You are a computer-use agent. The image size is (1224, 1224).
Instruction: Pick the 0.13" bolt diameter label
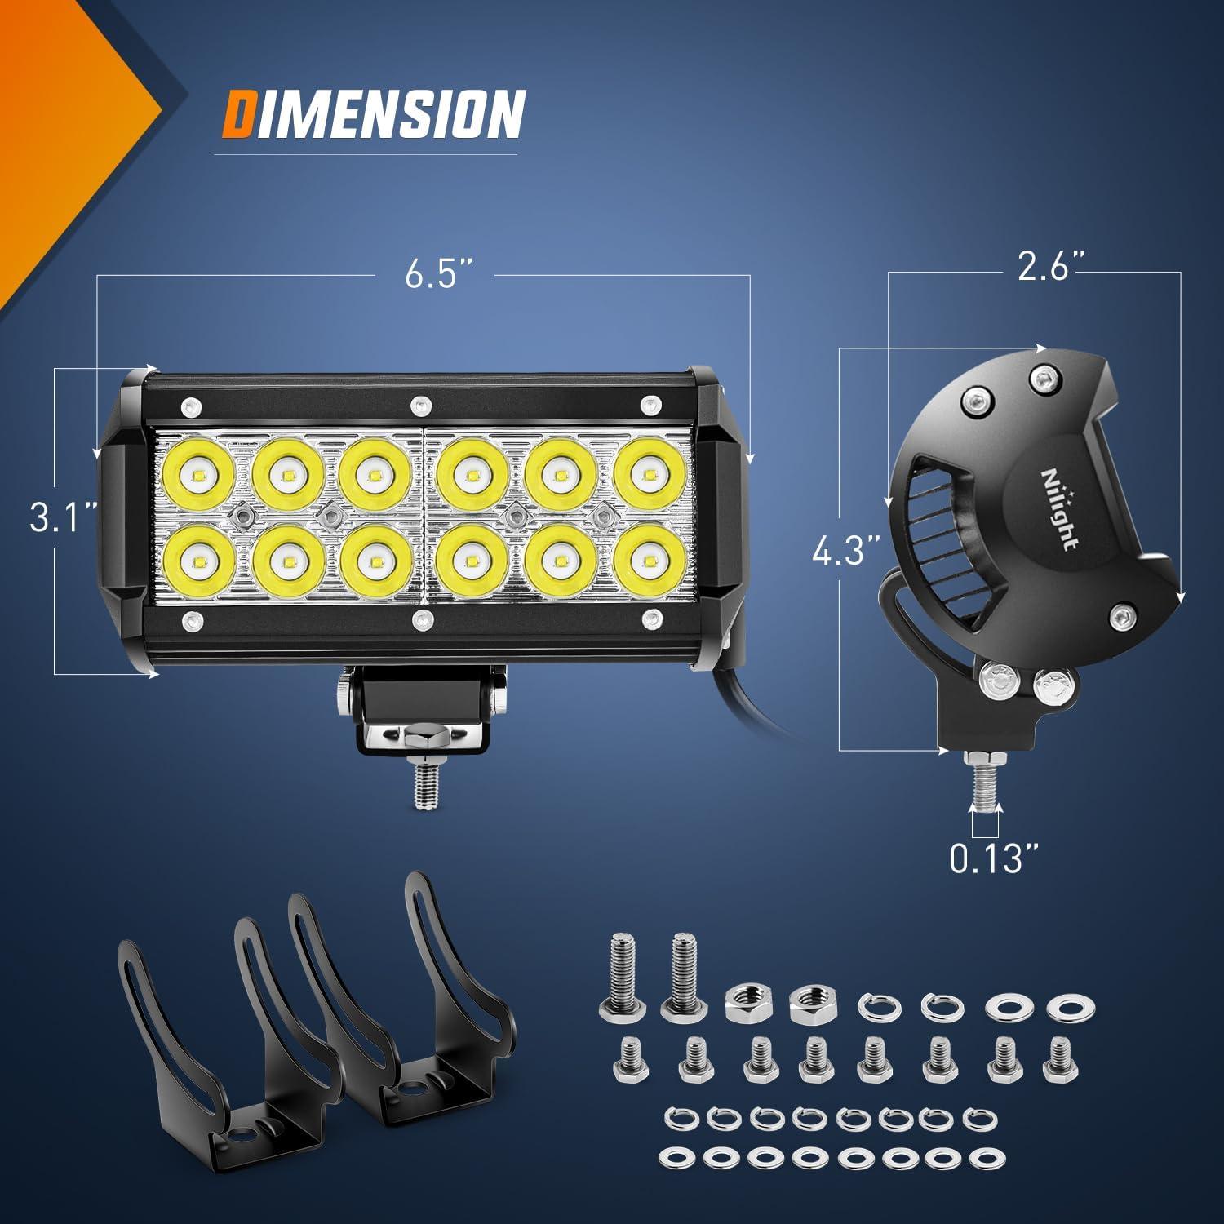point(996,858)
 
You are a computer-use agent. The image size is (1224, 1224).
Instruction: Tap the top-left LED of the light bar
point(199,475)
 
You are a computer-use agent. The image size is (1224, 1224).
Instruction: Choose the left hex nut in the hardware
point(744,1000)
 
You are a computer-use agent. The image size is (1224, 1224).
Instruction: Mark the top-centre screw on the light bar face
point(420,404)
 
